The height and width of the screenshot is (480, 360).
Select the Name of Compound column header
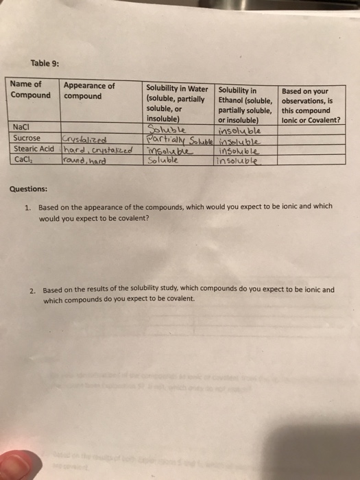30,90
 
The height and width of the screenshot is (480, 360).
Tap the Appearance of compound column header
89,91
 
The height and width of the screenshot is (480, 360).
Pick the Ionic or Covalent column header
312,106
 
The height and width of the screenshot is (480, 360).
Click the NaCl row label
22,128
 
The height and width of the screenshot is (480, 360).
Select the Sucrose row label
27,139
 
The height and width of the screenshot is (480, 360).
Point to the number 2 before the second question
32,290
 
